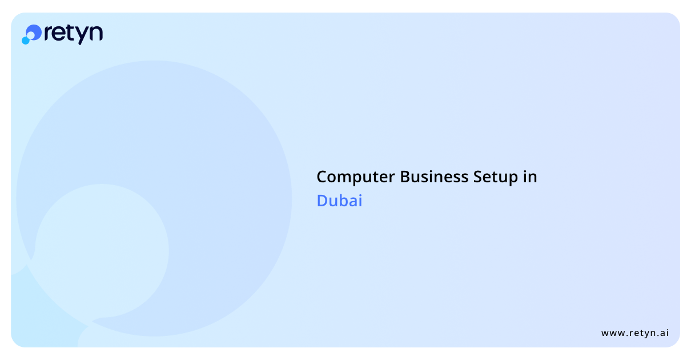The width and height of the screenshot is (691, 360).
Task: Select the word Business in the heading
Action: [x=434, y=177]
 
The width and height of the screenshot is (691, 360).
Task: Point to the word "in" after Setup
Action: [x=531, y=177]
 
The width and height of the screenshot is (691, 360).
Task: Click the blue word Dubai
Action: [x=339, y=201]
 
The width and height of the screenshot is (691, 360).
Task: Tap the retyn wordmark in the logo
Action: [x=74, y=34]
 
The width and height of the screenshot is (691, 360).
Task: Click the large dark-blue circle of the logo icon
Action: [x=34, y=32]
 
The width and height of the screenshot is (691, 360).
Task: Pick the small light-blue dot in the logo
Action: [x=26, y=41]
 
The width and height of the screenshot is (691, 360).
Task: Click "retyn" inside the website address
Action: [x=642, y=333]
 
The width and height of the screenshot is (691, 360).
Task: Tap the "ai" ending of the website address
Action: [x=664, y=333]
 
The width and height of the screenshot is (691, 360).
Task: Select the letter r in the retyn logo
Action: [x=49, y=33]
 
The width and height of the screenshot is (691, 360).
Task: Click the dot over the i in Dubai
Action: [x=359, y=194]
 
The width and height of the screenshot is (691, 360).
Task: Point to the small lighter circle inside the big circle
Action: [x=102, y=251]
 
